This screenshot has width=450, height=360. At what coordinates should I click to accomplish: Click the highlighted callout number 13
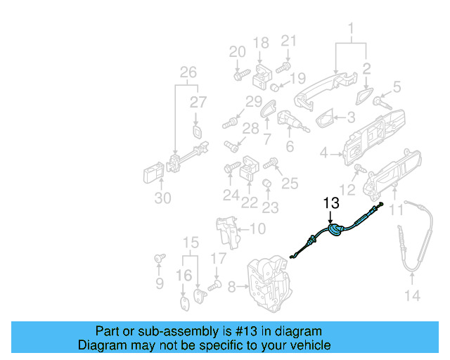point(330,203)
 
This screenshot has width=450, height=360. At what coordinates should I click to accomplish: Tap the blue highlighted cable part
point(335,230)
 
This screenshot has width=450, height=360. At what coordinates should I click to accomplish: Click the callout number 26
point(188,72)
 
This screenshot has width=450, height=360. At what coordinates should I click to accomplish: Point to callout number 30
point(162,198)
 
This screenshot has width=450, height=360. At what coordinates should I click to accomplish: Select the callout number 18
point(261,44)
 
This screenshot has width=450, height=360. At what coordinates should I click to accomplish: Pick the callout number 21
point(289,42)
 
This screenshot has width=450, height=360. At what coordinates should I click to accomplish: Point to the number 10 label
point(257,229)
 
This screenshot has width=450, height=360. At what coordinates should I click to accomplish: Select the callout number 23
point(270,207)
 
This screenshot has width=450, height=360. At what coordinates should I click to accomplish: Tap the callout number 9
point(160,283)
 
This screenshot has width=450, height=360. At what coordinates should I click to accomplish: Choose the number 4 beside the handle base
point(324,153)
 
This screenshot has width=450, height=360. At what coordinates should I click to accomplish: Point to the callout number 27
point(198,102)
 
